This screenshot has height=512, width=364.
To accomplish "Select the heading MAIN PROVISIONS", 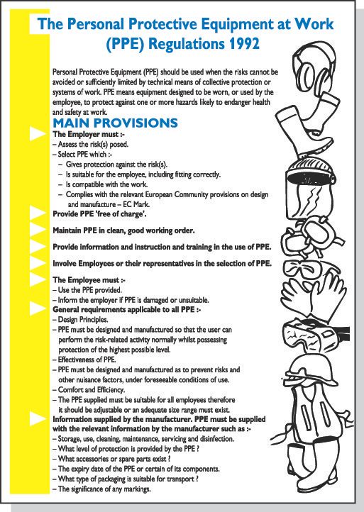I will pos(115,123).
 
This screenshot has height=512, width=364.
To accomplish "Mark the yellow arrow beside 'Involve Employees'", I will pos(35,262).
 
